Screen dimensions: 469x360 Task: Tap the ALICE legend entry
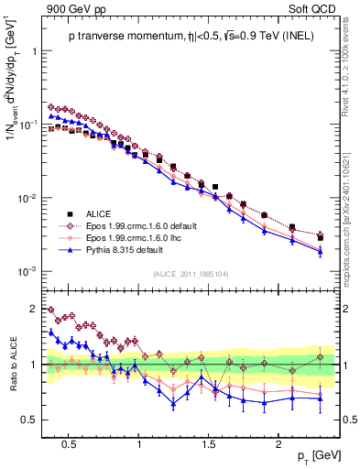point(98,212)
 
